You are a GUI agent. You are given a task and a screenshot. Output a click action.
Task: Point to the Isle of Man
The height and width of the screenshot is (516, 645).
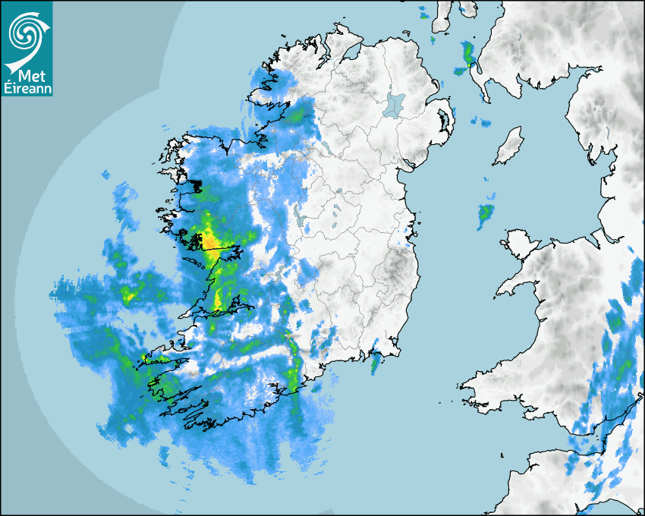pos(508,146)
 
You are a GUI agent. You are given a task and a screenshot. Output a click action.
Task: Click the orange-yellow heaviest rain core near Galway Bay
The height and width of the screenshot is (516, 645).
pos(209,241)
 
